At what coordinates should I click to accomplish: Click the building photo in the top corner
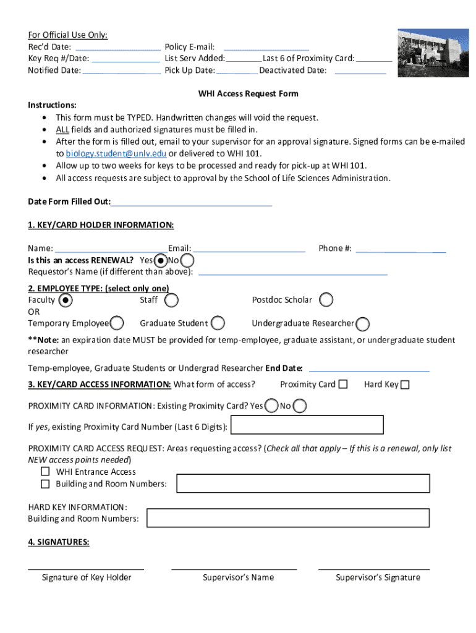click(433, 53)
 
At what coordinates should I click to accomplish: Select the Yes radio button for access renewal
click(161, 260)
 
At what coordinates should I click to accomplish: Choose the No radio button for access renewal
click(187, 261)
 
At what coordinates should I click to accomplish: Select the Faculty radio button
click(66, 300)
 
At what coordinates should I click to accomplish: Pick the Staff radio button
click(172, 300)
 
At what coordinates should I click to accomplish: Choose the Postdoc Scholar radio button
click(326, 300)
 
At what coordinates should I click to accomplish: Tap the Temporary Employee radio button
click(117, 323)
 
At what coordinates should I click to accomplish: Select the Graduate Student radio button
click(218, 323)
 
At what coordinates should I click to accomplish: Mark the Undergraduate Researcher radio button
click(363, 324)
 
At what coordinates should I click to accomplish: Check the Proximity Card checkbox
click(342, 384)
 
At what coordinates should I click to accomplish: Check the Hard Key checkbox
click(405, 385)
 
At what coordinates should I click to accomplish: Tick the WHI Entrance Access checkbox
click(45, 472)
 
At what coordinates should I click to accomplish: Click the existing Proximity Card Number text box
click(307, 425)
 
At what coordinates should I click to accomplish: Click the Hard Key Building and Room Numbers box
click(287, 518)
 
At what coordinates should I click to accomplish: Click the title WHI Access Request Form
click(248, 94)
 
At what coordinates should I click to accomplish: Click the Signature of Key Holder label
click(87, 577)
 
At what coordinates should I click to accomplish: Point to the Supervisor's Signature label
click(378, 577)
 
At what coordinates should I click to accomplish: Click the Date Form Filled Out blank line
click(192, 202)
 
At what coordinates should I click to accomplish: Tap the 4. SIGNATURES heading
click(59, 542)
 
